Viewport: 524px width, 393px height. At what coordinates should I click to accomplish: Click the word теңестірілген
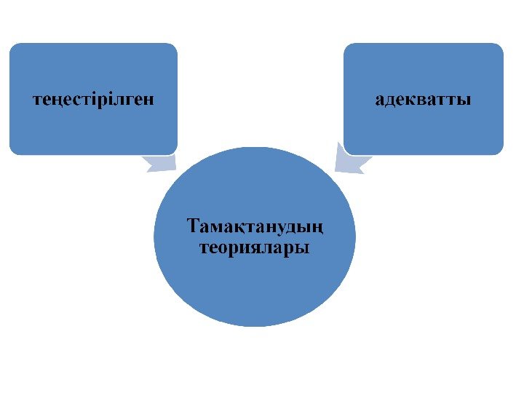pyautogui.click(x=93, y=99)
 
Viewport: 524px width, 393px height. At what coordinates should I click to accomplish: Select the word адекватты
pyautogui.click(x=423, y=99)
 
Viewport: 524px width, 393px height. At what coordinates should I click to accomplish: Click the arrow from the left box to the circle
pyautogui.click(x=161, y=164)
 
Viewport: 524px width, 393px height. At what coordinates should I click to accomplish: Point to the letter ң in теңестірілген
pyautogui.click(x=53, y=100)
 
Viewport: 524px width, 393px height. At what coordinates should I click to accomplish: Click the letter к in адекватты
pyautogui.click(x=408, y=100)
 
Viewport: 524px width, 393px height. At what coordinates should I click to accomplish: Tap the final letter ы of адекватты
pyautogui.click(x=464, y=100)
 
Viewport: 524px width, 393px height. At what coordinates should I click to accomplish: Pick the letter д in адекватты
pyautogui.click(x=388, y=100)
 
